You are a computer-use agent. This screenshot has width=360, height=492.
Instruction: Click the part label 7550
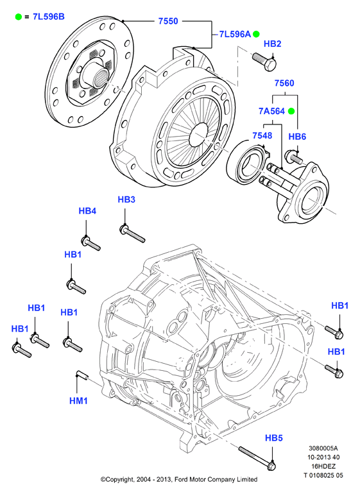point(168,21)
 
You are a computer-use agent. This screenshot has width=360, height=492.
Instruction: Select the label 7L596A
point(235,34)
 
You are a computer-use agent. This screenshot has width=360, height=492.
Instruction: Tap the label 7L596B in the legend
point(49,17)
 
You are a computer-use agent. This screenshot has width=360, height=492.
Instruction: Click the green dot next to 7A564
point(291,111)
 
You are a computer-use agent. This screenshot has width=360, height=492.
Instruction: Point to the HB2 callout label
point(272,44)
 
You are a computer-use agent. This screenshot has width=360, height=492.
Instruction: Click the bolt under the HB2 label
point(264,62)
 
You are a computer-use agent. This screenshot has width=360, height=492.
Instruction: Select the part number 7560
point(284,83)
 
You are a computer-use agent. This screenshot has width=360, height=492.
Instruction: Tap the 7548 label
point(262,135)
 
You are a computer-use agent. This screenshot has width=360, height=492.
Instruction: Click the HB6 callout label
point(297,137)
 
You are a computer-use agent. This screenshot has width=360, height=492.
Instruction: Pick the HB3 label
point(126,199)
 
